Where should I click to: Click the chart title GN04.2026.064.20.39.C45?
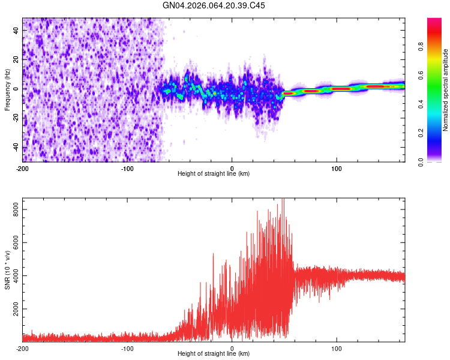tap(214, 5)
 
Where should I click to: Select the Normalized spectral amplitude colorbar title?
tap(445, 90)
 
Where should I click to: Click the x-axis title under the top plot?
tap(214, 173)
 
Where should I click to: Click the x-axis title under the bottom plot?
tap(214, 353)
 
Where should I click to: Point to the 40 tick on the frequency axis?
tap(16, 31)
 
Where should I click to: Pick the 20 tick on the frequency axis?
tap(16, 60)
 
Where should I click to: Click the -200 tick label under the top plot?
tap(22, 168)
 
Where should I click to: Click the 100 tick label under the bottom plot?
tap(337, 348)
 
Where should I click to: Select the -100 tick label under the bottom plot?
tap(127, 348)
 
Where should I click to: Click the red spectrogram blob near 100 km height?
tap(341, 89)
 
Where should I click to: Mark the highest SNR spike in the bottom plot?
tap(283, 200)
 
